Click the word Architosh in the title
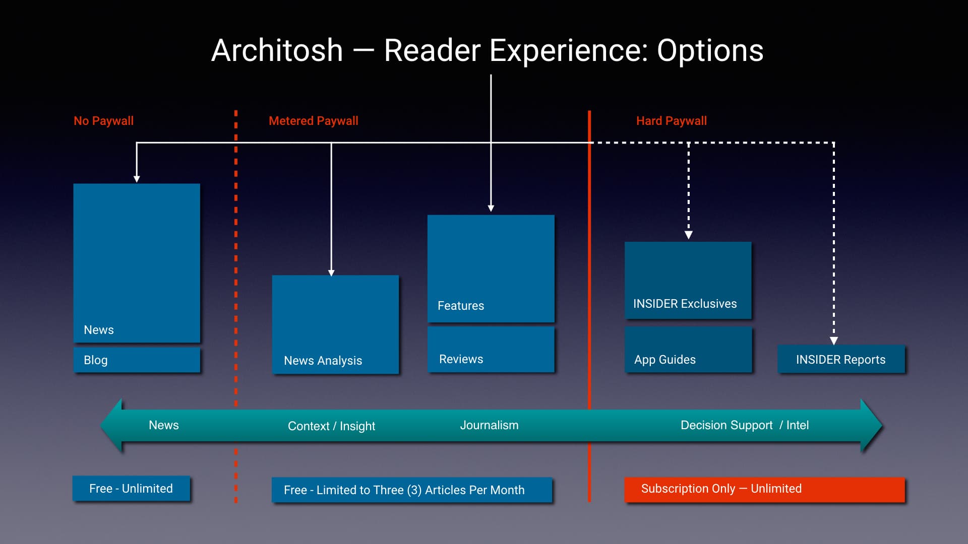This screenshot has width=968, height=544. pos(277,50)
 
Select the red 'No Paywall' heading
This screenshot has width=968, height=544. pos(103,121)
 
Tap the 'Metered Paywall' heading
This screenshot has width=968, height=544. pos(313,121)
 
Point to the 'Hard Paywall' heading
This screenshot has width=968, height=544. pos(671,121)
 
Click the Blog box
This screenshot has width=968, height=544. pos(137,360)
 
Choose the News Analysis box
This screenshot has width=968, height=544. pos(335,325)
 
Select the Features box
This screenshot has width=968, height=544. pos(491,268)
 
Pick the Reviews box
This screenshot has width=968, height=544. pos(491,350)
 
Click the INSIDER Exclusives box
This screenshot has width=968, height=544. pos(688,280)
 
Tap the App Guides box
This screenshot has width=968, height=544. pos(688,350)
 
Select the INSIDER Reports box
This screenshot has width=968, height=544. pos(840,359)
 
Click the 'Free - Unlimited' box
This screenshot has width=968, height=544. pos(131,489)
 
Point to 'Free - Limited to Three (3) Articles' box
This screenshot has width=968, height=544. pos(411,490)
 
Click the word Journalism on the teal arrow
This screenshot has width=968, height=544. pos(489,425)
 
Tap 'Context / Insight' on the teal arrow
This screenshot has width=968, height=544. pos(331,426)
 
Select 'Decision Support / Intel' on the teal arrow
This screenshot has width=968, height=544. pos(744,425)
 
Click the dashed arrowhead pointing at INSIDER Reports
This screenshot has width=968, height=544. pos(834,341)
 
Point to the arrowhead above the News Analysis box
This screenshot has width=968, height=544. pos(331,273)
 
